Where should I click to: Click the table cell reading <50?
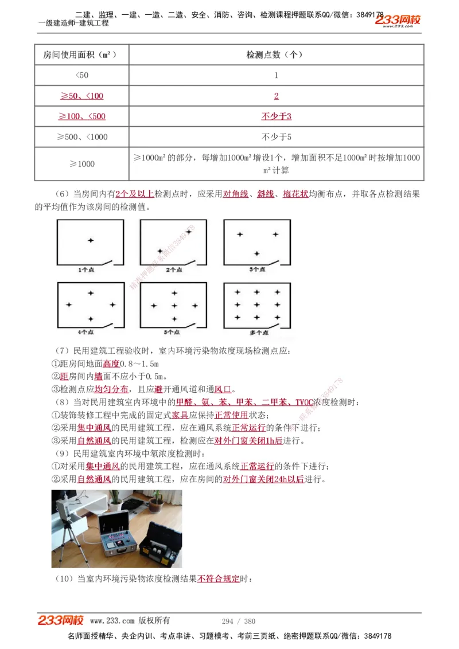click(82, 75)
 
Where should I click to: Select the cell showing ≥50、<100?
click(82, 96)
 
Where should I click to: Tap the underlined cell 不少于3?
click(276, 116)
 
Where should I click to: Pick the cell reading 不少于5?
click(276, 137)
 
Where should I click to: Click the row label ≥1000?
click(82, 164)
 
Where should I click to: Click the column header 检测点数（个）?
click(276, 54)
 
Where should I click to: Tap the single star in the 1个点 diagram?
click(91, 240)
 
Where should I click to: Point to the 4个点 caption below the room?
click(90, 332)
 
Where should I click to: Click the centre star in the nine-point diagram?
click(256, 305)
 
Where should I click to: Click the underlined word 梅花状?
click(295, 194)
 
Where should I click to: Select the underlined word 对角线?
click(236, 194)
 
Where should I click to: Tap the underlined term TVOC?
click(304, 402)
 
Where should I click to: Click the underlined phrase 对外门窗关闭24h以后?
click(263, 479)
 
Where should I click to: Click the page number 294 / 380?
click(239, 621)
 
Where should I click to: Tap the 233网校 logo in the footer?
click(61, 620)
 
